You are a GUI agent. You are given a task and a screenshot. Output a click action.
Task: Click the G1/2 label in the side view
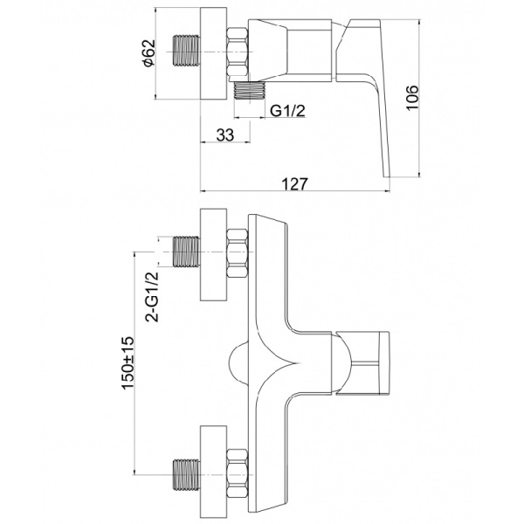288,111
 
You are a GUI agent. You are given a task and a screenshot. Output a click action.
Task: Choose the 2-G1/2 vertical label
150,297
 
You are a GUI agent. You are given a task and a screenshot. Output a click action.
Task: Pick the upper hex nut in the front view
237,254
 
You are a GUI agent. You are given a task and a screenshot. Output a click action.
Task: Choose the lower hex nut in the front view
237,471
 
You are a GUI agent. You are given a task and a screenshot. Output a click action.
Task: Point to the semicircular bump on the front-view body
238,362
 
